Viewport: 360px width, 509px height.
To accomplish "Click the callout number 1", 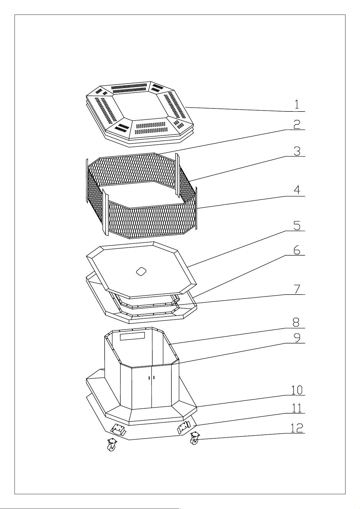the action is [x=297, y=104].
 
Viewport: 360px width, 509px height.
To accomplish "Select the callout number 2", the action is [x=297, y=124].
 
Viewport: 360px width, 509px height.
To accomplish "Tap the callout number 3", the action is [x=297, y=151].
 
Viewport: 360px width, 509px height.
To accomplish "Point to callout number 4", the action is [x=297, y=190].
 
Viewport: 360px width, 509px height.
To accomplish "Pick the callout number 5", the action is [x=297, y=225].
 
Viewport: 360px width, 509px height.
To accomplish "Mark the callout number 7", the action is [x=297, y=289].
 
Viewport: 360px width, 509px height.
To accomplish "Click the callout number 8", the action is [x=296, y=322].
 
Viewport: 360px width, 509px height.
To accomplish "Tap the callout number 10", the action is [x=297, y=390].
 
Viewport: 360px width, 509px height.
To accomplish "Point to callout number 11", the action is [x=297, y=408].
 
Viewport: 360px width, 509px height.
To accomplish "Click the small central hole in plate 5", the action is [x=141, y=271].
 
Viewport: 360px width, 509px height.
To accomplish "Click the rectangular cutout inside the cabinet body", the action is [x=132, y=336].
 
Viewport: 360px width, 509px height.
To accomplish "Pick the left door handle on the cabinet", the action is [x=149, y=378].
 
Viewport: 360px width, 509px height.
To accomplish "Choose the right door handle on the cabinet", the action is [x=154, y=377].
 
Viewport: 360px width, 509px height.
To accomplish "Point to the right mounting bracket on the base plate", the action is [x=183, y=427].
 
